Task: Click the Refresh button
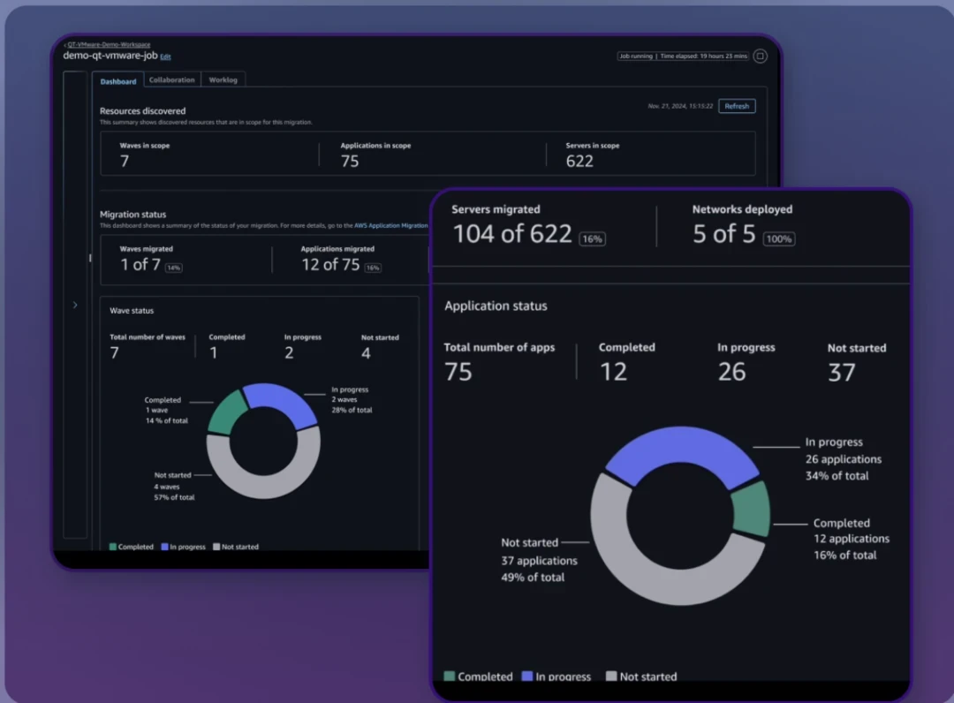[737, 106]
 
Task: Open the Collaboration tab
[171, 79]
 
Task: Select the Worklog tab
[223, 79]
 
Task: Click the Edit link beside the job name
[165, 57]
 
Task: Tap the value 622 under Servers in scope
[579, 161]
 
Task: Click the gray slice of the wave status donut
[263, 477]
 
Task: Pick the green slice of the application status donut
[753, 510]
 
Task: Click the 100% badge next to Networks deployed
[779, 238]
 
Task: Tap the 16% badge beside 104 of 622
[592, 238]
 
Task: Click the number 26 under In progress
[731, 372]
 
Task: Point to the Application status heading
[496, 306]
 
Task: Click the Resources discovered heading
[142, 111]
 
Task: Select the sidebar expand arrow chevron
[75, 305]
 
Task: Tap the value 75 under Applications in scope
[350, 161]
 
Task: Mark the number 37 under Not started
[841, 372]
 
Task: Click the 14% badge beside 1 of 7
[173, 268]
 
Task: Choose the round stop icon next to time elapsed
[761, 56]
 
